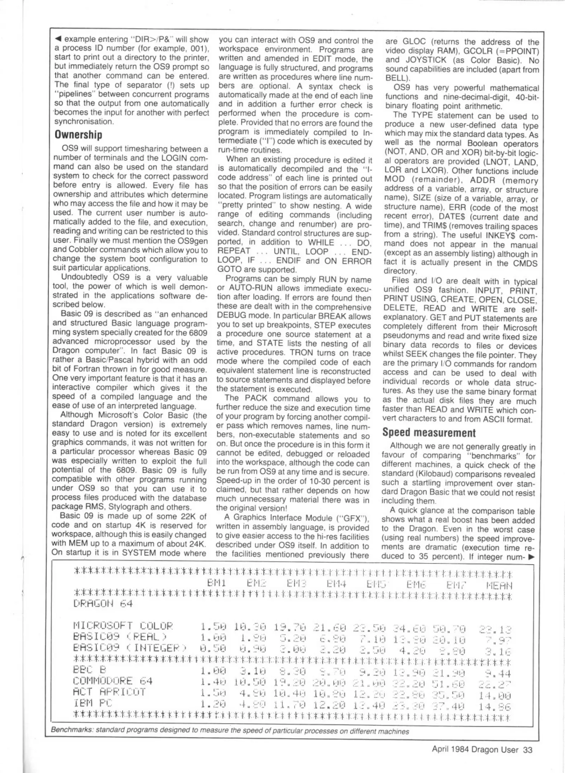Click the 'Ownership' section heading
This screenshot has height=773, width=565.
[x=78, y=135]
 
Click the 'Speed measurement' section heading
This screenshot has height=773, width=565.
[x=428, y=433]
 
